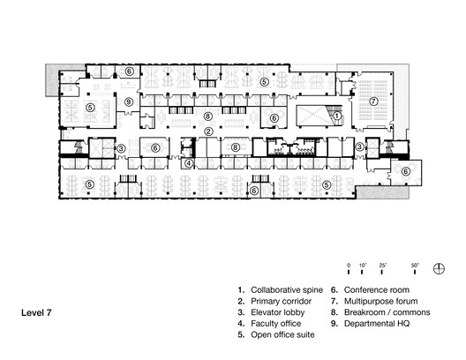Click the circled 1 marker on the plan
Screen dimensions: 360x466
click(x=336, y=116)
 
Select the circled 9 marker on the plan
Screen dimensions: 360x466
click(x=129, y=102)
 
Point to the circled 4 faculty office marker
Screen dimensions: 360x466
click(x=188, y=162)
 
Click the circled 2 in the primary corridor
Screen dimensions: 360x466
click(x=208, y=131)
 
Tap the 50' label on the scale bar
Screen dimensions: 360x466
click(x=415, y=264)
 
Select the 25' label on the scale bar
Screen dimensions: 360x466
click(x=383, y=264)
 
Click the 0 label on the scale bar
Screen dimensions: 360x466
click(x=349, y=264)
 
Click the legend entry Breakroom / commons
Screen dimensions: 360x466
click(x=380, y=312)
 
